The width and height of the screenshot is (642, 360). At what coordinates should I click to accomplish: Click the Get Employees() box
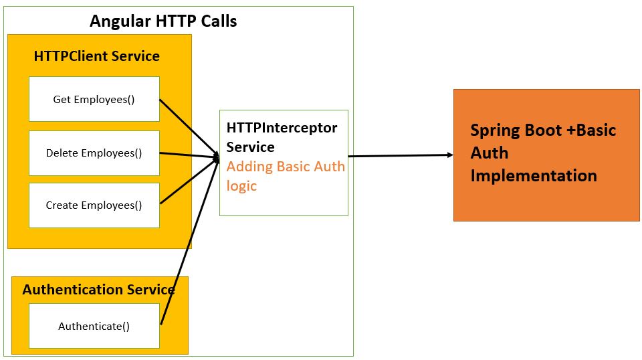tap(94, 100)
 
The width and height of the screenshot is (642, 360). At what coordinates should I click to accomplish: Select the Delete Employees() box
tap(94, 153)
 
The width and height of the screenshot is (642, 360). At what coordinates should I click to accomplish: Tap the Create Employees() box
tap(94, 205)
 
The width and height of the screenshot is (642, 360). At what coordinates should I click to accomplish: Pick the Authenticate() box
tap(94, 326)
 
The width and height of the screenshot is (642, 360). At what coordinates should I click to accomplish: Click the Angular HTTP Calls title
tap(163, 21)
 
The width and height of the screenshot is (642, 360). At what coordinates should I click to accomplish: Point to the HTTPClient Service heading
tap(97, 56)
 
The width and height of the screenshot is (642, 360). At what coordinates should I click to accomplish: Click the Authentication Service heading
tap(98, 290)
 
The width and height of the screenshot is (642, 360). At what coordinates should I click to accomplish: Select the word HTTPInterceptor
tap(282, 127)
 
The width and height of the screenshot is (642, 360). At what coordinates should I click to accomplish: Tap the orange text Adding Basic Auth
tap(286, 166)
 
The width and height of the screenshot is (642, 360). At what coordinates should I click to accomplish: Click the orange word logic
tap(241, 185)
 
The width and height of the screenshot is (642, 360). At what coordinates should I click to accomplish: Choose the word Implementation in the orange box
tap(533, 175)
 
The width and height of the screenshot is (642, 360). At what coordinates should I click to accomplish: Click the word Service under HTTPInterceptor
tap(250, 147)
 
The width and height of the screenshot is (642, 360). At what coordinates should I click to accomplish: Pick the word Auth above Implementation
tap(489, 153)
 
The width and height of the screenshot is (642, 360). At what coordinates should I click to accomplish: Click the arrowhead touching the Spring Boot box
tap(449, 155)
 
